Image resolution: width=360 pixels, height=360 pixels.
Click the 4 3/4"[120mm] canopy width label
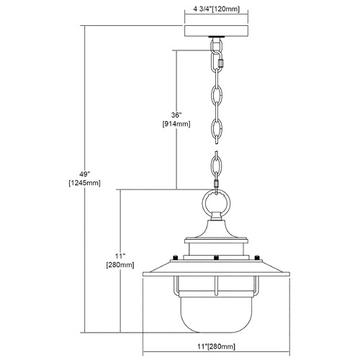pyautogui.click(x=216, y=9)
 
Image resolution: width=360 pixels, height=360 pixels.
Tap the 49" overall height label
pyautogui.click(x=84, y=174)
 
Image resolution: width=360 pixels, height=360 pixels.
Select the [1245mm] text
pyautogui.click(x=84, y=183)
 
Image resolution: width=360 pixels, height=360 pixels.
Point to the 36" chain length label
pyautogui.click(x=176, y=115)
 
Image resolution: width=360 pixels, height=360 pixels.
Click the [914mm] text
pyautogui.click(x=176, y=124)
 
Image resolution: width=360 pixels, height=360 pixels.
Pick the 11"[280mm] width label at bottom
pyautogui.click(x=216, y=346)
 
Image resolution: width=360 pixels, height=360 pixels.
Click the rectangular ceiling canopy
pyautogui.click(x=216, y=31)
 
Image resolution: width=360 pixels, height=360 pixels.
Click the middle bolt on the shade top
pyautogui.click(x=216, y=258)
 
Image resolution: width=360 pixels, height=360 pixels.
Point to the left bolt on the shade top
pyautogui.click(x=176, y=257)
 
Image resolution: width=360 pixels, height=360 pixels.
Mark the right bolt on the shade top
pyautogui.click(x=257, y=257)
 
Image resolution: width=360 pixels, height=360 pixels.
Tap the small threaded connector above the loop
pyautogui.click(x=217, y=184)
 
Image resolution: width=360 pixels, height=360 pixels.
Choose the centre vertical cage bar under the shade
pyautogui.click(x=216, y=286)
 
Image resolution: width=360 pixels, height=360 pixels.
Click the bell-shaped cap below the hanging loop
pyautogui.click(x=216, y=229)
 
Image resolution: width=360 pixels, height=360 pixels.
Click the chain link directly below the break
pyautogui.click(x=217, y=163)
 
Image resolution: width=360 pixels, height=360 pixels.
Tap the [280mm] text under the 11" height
pyautogui.click(x=120, y=265)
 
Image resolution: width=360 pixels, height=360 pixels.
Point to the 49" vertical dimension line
pyautogui.click(x=84, y=179)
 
